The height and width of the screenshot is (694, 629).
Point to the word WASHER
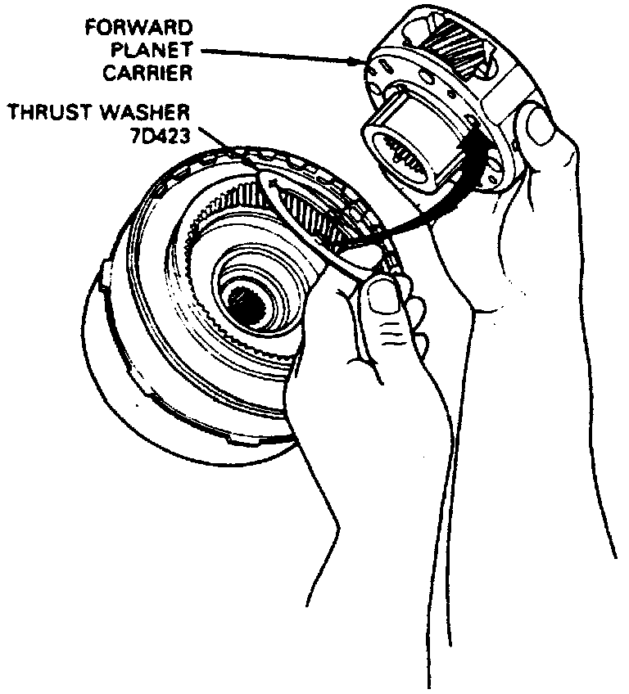[x=146, y=112]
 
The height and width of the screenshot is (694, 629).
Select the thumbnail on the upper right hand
[x=541, y=128]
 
